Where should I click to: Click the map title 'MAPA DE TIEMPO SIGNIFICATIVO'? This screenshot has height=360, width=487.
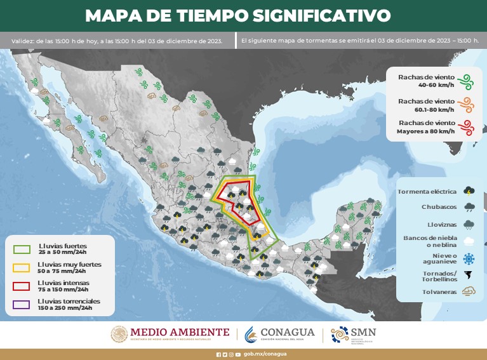tap(238, 15)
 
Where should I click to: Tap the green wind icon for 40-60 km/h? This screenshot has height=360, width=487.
tap(467, 81)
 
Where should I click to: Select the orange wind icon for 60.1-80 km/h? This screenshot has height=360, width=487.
tap(467, 103)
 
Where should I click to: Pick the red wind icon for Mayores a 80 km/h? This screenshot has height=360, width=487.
tap(467, 126)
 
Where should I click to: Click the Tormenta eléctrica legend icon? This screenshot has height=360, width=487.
tap(469, 190)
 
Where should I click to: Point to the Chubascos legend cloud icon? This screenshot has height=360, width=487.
tap(469, 206)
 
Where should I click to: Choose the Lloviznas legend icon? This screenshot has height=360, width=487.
tap(469, 223)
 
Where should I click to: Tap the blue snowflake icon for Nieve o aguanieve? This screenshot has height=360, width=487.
tap(469, 258)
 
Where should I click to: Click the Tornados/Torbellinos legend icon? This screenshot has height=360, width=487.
tap(469, 276)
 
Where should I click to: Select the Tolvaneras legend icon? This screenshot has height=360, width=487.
tap(469, 292)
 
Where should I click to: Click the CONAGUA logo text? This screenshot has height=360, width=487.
tap(288, 332)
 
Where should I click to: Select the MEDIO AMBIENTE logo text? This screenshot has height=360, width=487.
tap(180, 332)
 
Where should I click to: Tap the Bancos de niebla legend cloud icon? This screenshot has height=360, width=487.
tap(469, 241)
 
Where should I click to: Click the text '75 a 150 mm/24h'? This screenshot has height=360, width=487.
tap(63, 289)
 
